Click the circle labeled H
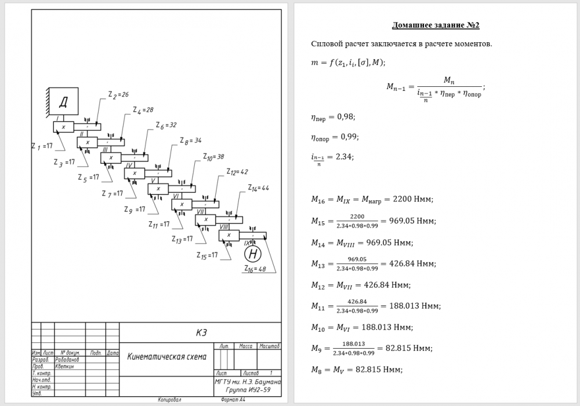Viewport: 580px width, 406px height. (252, 254)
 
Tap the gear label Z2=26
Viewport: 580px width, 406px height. (118, 94)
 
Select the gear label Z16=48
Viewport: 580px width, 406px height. (255, 269)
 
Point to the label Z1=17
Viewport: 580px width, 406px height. (42, 147)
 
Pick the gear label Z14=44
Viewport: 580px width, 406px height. (259, 188)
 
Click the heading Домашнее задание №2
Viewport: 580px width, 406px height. (436, 25)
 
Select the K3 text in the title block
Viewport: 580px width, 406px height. (201, 332)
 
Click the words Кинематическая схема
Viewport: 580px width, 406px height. (166, 357)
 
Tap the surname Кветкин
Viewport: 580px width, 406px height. (64, 366)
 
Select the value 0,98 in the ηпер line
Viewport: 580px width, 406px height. (346, 117)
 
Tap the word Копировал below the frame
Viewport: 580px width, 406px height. (170, 400)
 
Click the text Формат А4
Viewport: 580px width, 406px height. (234, 400)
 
